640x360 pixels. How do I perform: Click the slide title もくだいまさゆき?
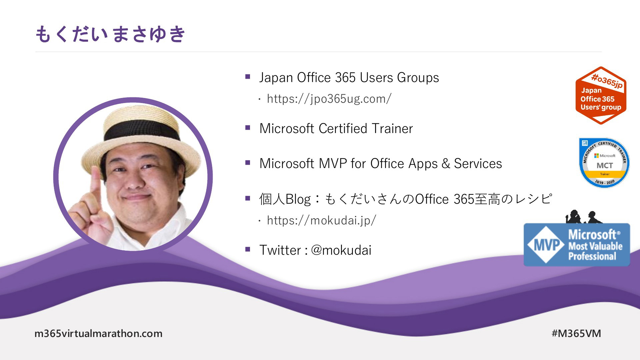coord(110,34)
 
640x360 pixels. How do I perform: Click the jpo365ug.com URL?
coord(329,99)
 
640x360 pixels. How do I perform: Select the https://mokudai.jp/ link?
coord(321,220)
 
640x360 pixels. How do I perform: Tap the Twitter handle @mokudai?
coord(341,250)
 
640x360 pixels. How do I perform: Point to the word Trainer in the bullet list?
coord(392,128)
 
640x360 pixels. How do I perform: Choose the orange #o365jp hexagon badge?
coord(601,95)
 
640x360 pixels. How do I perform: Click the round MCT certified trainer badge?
coord(604,163)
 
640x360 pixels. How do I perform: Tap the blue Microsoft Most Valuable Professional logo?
coord(577,245)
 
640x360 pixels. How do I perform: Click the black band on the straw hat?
coord(142,131)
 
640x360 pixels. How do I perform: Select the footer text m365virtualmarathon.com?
coord(98,333)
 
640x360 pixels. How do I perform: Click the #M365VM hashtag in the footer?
coord(576,333)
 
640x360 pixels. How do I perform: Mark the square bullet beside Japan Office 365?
coord(248,77)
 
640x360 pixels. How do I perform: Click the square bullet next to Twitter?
coord(248,249)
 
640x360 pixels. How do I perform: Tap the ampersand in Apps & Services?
coord(446,164)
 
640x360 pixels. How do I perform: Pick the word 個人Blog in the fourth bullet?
coord(285,199)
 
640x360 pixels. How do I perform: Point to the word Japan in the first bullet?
coord(276,78)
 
